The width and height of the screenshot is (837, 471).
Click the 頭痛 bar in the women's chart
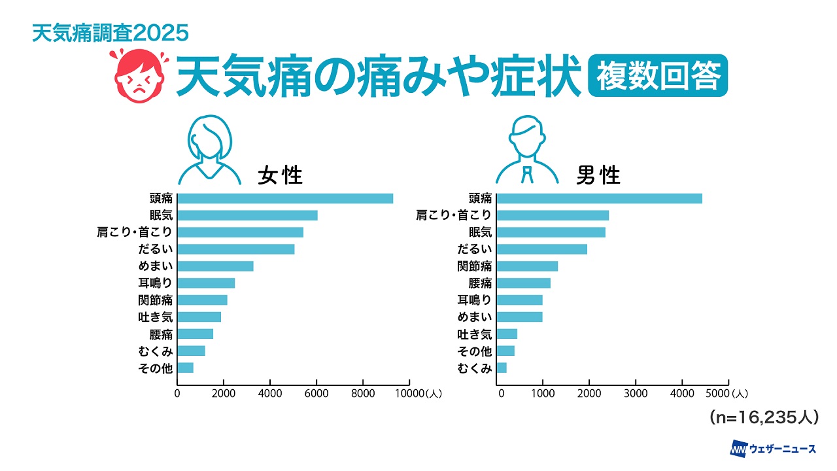point(285,198)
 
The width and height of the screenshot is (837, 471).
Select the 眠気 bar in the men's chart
point(551,232)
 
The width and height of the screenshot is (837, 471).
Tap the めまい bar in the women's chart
point(215,266)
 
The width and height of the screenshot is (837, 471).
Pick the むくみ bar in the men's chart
point(502,368)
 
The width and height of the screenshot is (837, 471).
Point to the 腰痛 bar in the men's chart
point(524,283)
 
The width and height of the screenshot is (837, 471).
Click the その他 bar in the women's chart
point(185,368)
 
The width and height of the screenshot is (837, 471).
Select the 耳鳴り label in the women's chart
point(155,283)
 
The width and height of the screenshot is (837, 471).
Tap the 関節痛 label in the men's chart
point(474,266)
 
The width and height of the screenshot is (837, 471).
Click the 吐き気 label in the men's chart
point(474,334)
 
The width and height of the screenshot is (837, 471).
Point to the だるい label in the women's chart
point(155,249)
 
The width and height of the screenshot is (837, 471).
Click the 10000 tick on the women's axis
point(411,394)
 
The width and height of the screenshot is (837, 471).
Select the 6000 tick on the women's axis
point(316,394)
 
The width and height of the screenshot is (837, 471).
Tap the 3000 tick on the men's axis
point(636,394)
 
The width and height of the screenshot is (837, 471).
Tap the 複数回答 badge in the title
point(657,76)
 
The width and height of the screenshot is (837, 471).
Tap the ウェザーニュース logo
point(773,449)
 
